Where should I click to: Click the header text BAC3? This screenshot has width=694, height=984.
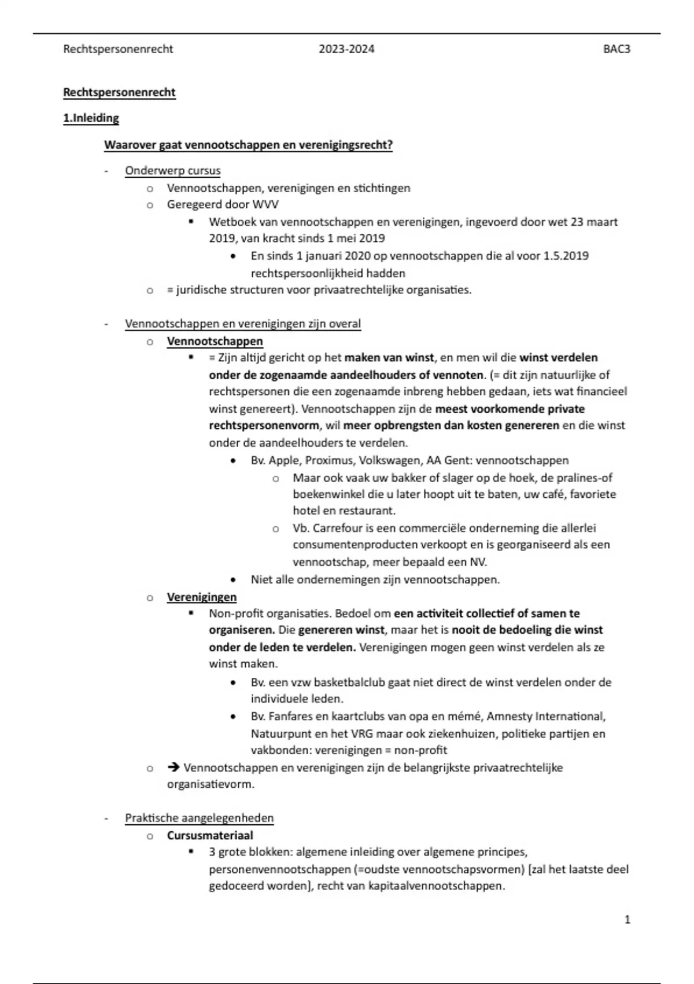617,49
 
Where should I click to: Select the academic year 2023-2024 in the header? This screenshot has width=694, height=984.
346,49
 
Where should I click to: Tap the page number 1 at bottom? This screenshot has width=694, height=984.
627,919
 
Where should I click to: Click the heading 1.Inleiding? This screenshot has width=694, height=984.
91,118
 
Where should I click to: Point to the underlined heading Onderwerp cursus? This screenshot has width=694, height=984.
172,171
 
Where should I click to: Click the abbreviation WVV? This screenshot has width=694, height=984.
265,204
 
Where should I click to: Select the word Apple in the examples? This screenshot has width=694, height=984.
283,461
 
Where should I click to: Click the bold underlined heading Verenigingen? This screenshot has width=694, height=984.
201,597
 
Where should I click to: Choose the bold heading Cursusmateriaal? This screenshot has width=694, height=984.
210,835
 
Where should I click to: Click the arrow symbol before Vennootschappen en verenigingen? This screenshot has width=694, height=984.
173,768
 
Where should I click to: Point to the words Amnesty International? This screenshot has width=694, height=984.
546,717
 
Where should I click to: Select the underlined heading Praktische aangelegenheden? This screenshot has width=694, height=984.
199,818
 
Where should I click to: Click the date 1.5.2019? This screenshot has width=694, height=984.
566,256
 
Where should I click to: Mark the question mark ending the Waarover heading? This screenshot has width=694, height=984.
390,145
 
